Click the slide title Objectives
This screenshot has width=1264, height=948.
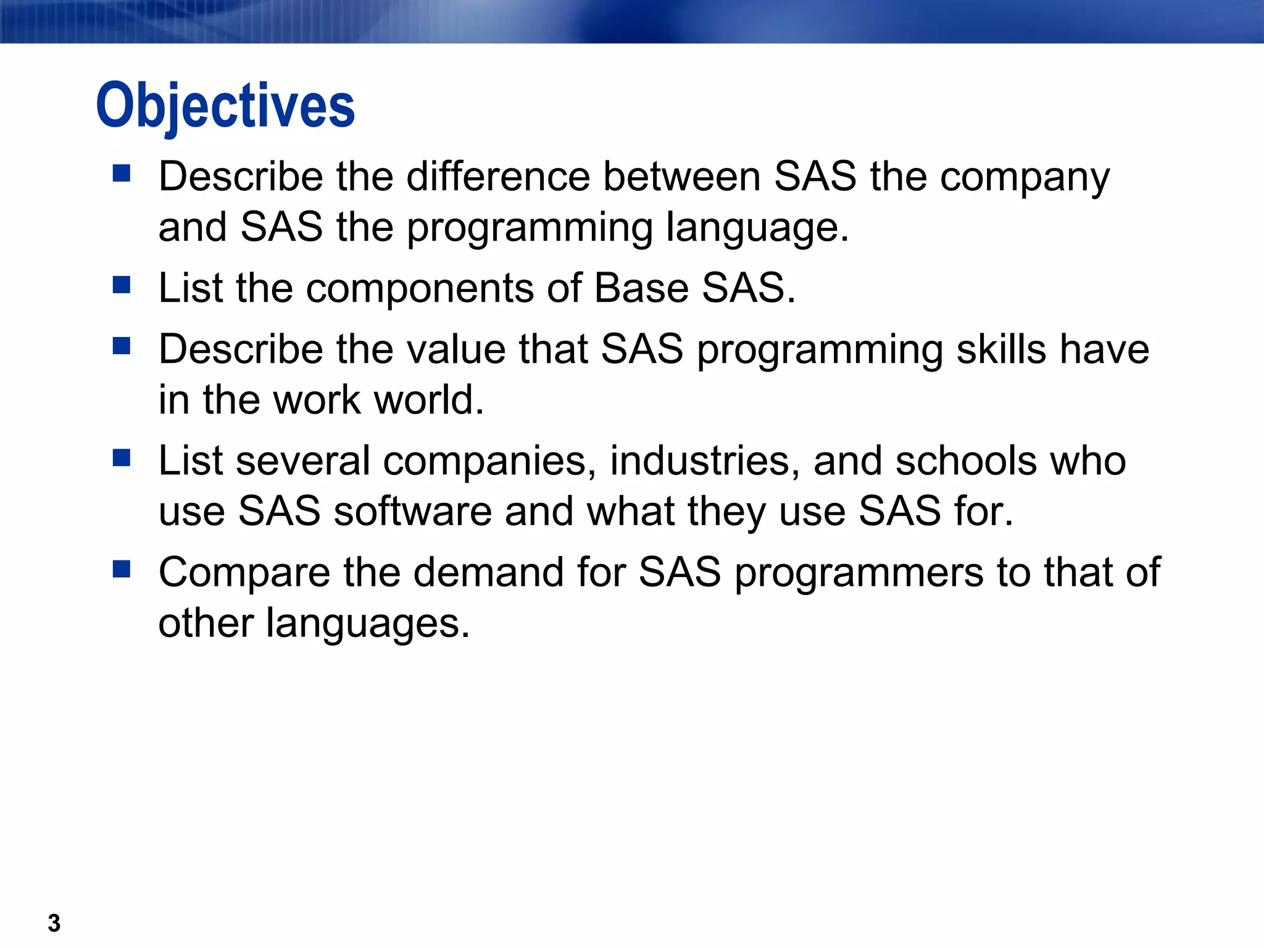pyautogui.click(x=225, y=106)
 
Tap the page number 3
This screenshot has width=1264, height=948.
pyautogui.click(x=54, y=923)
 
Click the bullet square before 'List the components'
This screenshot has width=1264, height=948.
pyautogui.click(x=122, y=285)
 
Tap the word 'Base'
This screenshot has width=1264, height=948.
pyautogui.click(x=641, y=288)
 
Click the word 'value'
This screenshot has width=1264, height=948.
pyautogui.click(x=453, y=350)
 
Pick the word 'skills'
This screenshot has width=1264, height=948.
pyautogui.click(x=1000, y=350)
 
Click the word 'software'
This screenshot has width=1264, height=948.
pyautogui.click(x=412, y=512)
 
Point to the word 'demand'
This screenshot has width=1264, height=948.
pyautogui.click(x=488, y=572)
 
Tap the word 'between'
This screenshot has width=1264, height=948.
pyautogui.click(x=681, y=177)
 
